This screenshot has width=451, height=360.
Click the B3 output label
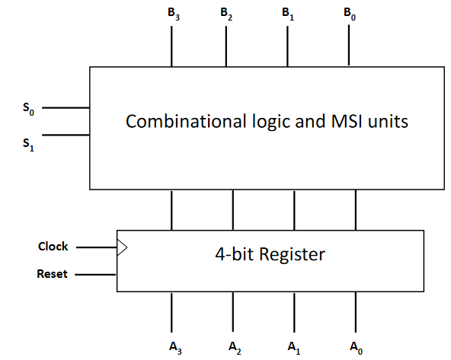point(173,14)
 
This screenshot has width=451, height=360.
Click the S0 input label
point(28,110)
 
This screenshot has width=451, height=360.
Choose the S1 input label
point(28,142)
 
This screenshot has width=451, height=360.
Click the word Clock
point(53,247)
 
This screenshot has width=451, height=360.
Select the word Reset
point(52,274)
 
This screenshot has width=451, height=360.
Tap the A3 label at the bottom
point(174,348)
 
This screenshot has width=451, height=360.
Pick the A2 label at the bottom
point(235,348)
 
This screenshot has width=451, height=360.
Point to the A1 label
point(293,348)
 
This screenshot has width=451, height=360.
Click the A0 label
point(356,348)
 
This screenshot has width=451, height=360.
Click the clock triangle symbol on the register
point(121,247)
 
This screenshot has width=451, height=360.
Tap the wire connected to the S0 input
point(66,108)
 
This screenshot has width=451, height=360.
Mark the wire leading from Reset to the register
point(95,274)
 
